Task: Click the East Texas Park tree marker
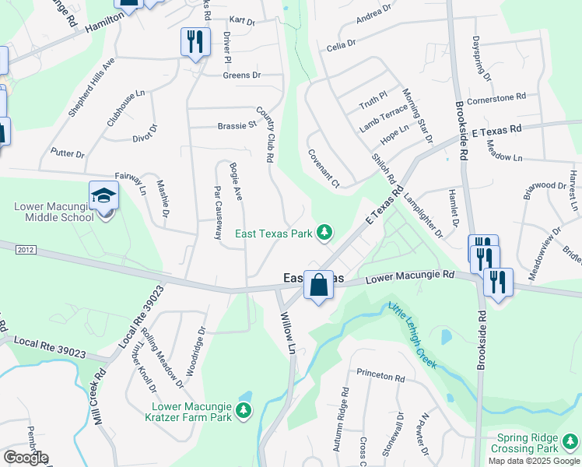coord(324,233)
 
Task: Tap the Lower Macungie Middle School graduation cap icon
coord(103,196)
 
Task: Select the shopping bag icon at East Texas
coord(318,286)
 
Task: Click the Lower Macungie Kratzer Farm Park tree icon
coord(244,410)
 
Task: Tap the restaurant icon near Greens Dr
coord(195,41)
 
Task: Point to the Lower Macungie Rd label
coord(410,276)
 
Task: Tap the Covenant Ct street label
coord(324,168)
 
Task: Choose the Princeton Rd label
coord(381,377)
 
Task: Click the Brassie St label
coord(237,125)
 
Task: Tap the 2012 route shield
coord(25,249)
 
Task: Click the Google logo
coord(25,458)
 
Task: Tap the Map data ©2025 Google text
coord(533,461)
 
